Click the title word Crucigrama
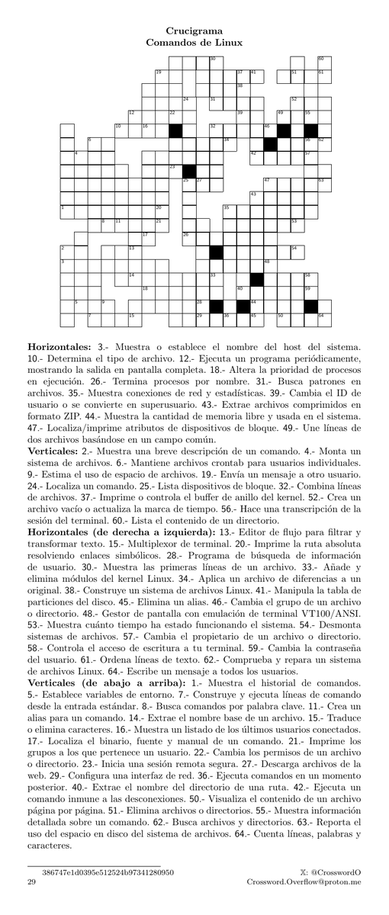coord(194,32)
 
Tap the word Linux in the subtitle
coord(228,43)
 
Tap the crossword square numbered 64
coord(323,319)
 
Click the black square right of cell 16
coord(175,130)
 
